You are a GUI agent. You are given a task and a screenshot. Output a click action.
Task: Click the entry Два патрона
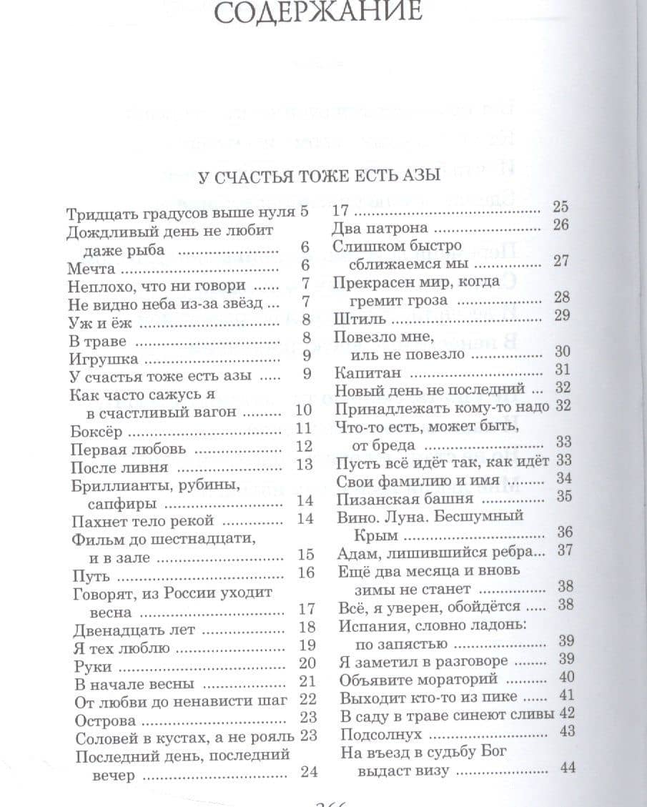[x=380, y=229]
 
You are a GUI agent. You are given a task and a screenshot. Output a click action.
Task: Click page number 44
[x=568, y=768]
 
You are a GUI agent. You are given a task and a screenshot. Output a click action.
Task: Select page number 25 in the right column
[x=560, y=207]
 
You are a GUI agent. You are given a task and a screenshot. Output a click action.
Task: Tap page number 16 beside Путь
[x=305, y=573]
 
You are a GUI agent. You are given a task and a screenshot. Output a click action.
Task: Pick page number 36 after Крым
[x=565, y=532]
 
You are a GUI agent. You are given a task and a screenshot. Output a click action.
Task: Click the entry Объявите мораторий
[x=408, y=679]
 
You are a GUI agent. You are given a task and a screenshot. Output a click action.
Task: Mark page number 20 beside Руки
[x=307, y=663]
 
